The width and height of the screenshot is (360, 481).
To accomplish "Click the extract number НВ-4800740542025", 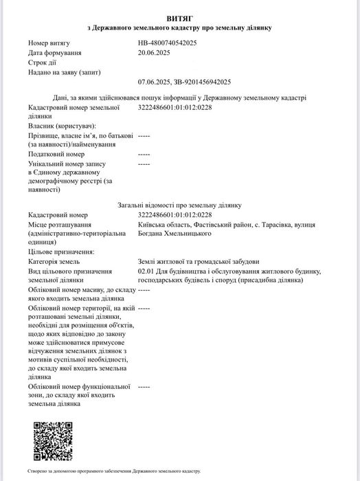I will (167, 43).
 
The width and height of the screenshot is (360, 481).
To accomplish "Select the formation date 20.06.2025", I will (153, 52).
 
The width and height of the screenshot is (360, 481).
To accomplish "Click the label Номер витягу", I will (49, 43).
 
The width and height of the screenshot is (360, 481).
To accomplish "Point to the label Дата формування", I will (55, 52).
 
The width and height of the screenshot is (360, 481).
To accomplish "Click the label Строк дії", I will (42, 62).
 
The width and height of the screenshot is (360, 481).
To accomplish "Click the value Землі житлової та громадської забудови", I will (199, 262).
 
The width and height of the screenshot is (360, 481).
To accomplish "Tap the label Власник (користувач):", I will (62, 126).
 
